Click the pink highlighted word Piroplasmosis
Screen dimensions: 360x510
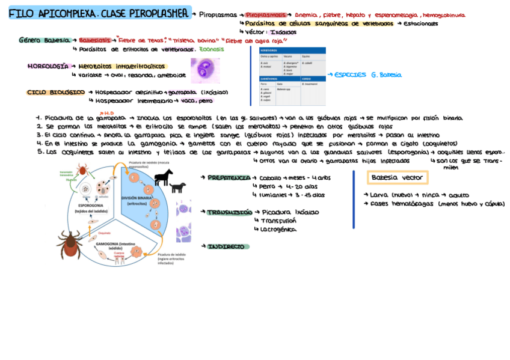265,14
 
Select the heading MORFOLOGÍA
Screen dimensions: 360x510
48,67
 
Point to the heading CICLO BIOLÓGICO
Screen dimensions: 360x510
55,93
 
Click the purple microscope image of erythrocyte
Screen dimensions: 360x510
205,71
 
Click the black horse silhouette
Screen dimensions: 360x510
164,176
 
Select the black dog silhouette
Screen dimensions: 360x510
177,188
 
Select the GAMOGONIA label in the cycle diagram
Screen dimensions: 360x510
115,245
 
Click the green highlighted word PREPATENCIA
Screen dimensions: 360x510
229,178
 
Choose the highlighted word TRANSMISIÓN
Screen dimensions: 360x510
229,212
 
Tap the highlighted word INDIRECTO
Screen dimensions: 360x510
227,246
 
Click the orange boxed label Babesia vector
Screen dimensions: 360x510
397,178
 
